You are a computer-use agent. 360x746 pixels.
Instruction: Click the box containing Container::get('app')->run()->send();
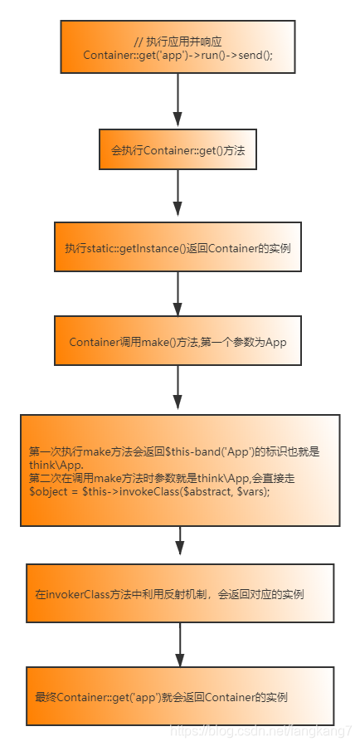coord(178,47)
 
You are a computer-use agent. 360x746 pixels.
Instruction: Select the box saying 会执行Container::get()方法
coord(178,151)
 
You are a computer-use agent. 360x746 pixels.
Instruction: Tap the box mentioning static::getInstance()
coord(178,247)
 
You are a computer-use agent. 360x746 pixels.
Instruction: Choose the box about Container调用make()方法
coord(178,342)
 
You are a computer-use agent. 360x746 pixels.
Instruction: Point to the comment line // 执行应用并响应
coord(178,41)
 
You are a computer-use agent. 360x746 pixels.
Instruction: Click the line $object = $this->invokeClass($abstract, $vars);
coord(150,492)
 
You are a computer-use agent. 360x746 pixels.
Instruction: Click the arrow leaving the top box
coord(178,100)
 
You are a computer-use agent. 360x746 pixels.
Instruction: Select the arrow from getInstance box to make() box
coord(178,293)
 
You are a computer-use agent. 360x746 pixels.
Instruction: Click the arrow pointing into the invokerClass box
coord(180,544)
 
